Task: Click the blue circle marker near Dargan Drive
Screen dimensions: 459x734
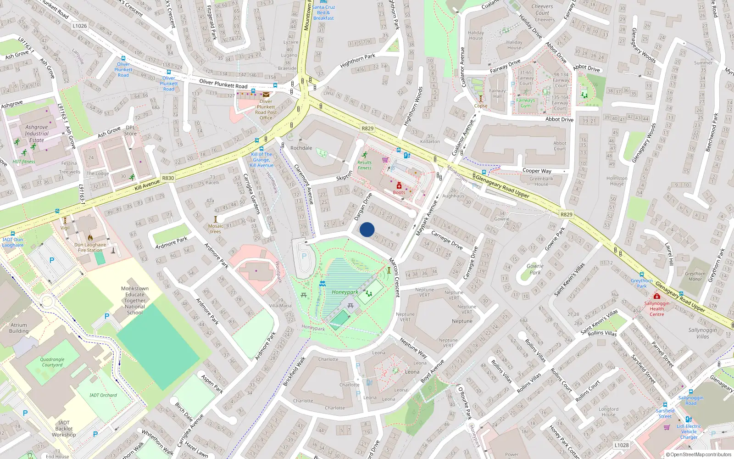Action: (x=367, y=229)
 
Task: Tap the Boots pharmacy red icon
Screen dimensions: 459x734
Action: (x=399, y=186)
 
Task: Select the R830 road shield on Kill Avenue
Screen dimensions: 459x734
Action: (x=168, y=178)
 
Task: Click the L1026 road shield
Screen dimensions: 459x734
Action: (x=79, y=26)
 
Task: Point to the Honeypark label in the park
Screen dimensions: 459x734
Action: (x=345, y=292)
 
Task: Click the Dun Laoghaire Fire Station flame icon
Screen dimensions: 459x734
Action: (x=90, y=238)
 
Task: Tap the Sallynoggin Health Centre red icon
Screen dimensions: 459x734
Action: (x=656, y=296)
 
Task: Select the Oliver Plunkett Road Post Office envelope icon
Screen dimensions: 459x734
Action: (x=266, y=95)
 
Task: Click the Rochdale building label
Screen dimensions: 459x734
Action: (x=301, y=148)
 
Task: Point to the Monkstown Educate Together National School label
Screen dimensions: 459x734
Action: (x=134, y=301)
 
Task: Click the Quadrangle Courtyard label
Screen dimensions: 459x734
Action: (x=52, y=362)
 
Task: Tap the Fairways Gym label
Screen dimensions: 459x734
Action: (x=525, y=103)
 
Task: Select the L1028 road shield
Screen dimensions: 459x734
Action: (x=621, y=445)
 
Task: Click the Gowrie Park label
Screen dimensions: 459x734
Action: (x=534, y=269)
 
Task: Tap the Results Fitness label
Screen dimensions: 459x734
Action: (x=365, y=165)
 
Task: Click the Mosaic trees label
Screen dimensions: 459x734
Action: (x=216, y=229)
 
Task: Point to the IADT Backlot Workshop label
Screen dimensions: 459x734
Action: (x=64, y=429)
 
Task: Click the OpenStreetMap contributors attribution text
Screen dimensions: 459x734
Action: (x=698, y=454)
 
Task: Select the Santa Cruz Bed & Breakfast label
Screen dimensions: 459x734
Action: (x=323, y=12)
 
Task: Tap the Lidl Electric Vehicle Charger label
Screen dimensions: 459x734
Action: (x=689, y=431)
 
